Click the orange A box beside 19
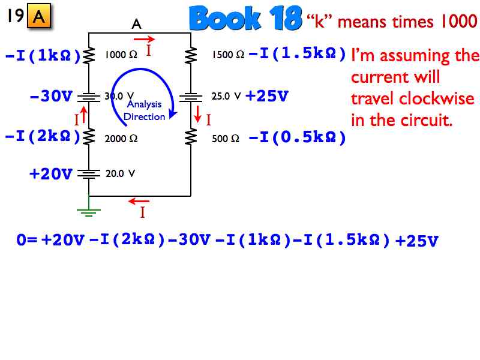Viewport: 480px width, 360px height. [39, 16]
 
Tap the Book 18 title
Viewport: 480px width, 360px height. [245, 19]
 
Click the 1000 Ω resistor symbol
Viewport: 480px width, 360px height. [89, 55]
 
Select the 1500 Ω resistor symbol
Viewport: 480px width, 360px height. [191, 55]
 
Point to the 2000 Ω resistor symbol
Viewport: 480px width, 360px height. [89, 137]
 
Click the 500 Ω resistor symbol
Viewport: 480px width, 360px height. [191, 137]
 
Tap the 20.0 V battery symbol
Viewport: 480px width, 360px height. [89, 174]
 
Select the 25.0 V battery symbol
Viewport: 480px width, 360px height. [191, 98]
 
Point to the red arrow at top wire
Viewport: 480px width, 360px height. [144, 39]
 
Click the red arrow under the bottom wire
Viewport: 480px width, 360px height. [139, 201]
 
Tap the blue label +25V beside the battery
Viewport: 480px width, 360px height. [267, 96]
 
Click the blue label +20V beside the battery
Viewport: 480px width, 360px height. [51, 174]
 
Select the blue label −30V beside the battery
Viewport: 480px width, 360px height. [51, 96]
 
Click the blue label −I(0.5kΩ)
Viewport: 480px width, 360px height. [298, 137]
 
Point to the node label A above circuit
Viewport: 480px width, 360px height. [137, 24]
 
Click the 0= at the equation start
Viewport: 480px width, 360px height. [26, 239]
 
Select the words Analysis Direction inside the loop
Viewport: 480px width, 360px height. [144, 110]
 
